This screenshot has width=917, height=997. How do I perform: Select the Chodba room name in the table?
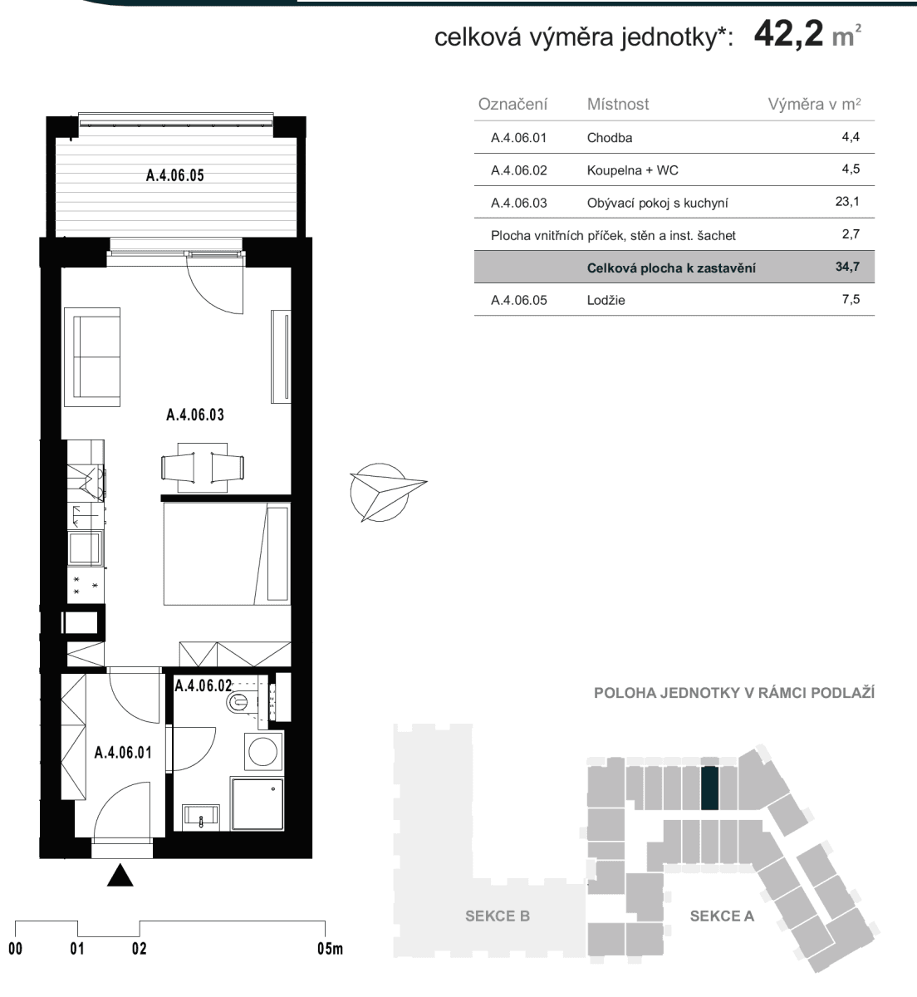click(610, 138)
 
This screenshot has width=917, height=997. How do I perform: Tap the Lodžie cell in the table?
click(606, 301)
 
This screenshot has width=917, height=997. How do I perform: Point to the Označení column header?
click(513, 105)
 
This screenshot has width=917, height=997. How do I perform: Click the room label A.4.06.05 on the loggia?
click(174, 175)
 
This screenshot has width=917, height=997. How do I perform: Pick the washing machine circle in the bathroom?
click(263, 751)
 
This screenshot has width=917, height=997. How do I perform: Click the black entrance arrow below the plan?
click(120, 876)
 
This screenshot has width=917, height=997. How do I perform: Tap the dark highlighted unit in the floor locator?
click(710, 788)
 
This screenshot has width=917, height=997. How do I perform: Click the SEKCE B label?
click(497, 916)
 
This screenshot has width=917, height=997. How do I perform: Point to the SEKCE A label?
click(722, 916)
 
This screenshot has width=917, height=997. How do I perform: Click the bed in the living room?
click(226, 554)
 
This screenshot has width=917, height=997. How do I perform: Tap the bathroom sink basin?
click(202, 814)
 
